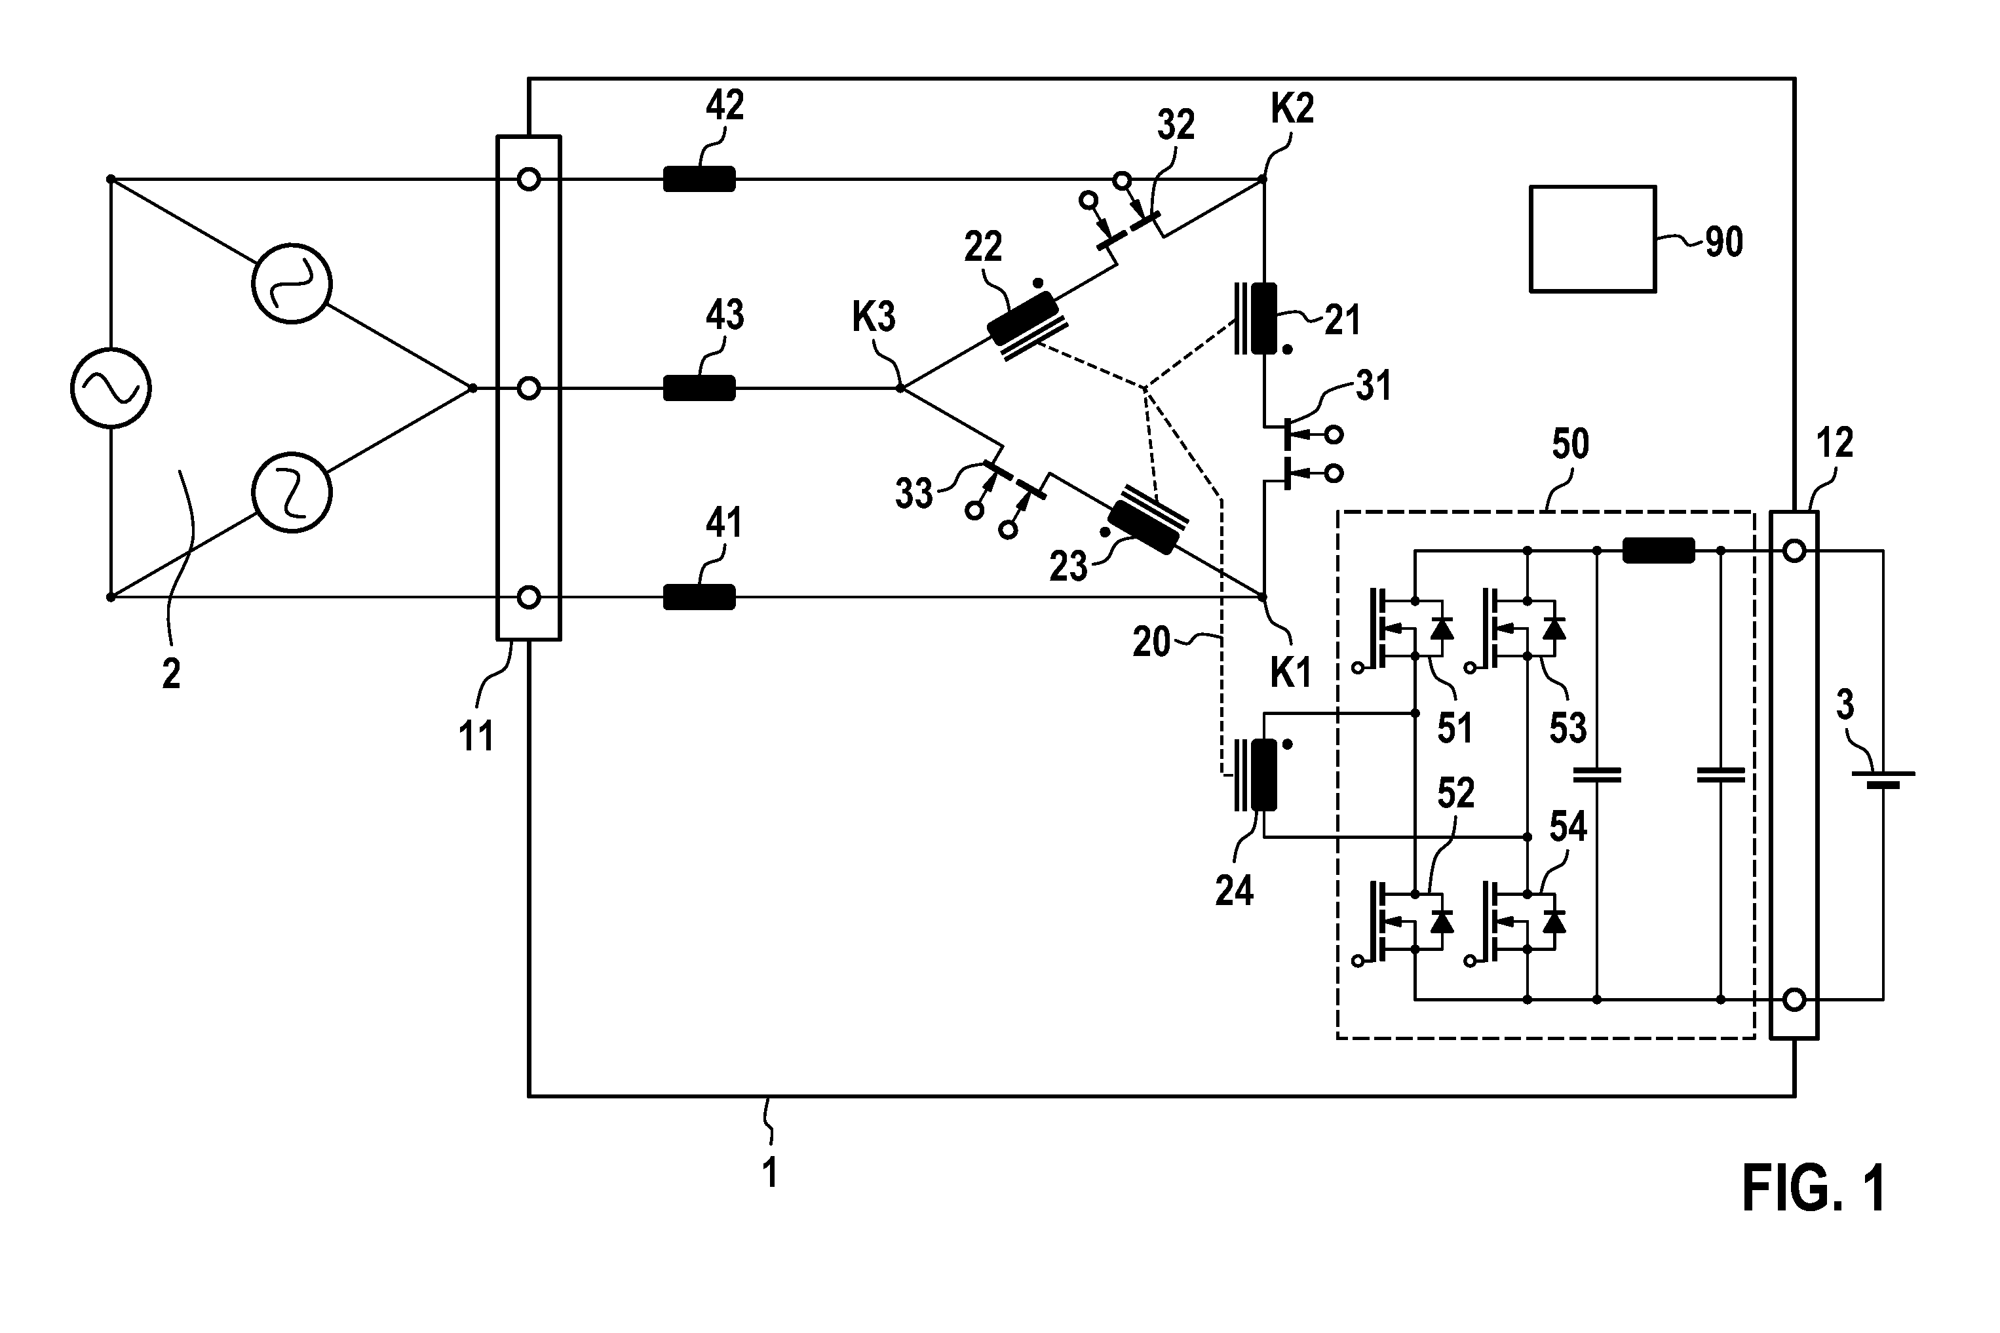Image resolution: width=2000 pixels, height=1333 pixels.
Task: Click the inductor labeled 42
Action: click(x=699, y=180)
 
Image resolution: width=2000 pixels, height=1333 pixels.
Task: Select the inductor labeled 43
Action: click(x=699, y=389)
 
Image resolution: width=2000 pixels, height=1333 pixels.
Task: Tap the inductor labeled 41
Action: click(x=699, y=598)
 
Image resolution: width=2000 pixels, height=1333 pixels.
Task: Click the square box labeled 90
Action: click(x=1592, y=239)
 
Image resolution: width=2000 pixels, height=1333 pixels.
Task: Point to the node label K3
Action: click(x=874, y=318)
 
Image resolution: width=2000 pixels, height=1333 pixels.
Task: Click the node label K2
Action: click(x=1292, y=109)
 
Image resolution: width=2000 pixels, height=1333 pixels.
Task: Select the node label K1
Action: click(x=1290, y=673)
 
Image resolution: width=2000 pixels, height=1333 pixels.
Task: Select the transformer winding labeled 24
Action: click(x=1256, y=775)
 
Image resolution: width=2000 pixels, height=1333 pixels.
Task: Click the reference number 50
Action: click(x=1570, y=444)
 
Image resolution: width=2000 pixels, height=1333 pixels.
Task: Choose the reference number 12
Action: click(x=1834, y=444)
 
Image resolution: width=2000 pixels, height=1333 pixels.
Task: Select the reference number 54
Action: click(x=1568, y=826)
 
